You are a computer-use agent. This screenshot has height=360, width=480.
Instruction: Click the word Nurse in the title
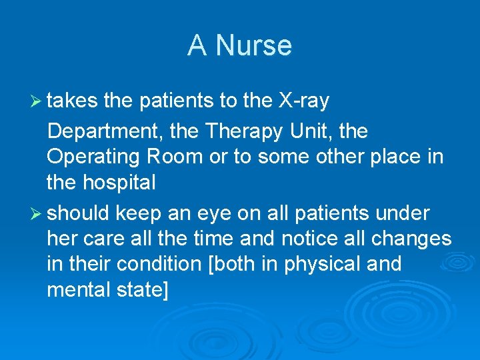[x=254, y=46]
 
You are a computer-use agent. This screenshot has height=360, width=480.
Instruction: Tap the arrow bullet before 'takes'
[x=37, y=101]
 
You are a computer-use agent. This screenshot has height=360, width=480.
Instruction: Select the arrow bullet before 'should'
[x=37, y=213]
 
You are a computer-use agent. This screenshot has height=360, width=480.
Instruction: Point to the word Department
[x=105, y=131]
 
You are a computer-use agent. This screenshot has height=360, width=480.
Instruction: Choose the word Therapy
[x=245, y=131]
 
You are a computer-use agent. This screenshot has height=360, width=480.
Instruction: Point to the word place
[x=393, y=157]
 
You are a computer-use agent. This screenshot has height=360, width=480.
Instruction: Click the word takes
[x=73, y=101]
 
